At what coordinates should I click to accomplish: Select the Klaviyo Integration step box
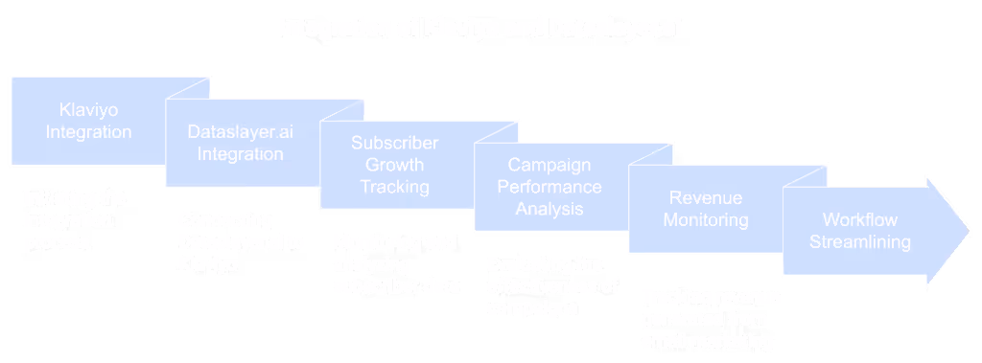[x=89, y=120]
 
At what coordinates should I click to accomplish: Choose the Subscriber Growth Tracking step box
[x=393, y=164]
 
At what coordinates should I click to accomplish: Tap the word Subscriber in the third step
[x=394, y=144]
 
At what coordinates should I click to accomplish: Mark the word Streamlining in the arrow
[x=860, y=242]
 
